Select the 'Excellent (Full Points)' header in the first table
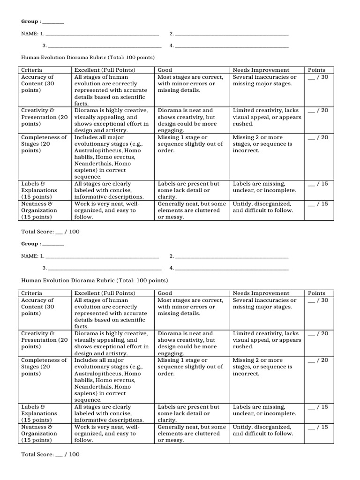tap(105, 70)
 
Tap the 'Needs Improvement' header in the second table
tap(261, 293)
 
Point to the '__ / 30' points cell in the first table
tap(317, 77)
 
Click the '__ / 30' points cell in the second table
tap(317, 300)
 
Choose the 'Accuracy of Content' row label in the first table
tap(38, 83)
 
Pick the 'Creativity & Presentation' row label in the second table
tap(45, 340)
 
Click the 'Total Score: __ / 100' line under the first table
tap(51, 232)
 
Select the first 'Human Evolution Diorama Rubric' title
tap(88, 57)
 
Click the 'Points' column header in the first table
tap(316, 70)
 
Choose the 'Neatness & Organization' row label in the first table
tap(40, 210)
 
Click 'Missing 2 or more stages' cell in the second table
tap(262, 367)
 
